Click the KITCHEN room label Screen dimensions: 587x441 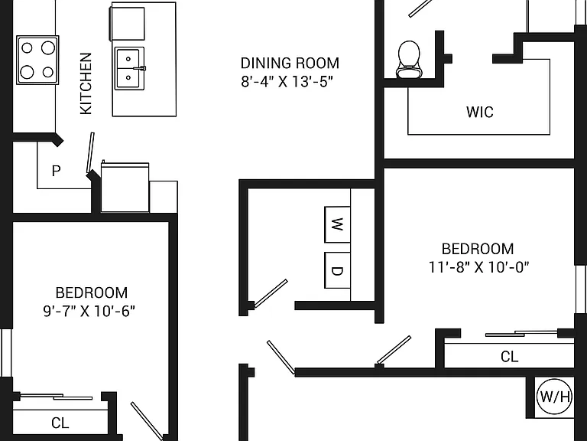86,83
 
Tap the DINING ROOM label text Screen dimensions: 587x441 290,63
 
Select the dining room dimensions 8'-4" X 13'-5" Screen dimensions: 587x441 287,81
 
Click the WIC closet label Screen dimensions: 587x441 479,112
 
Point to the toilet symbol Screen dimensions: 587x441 409,59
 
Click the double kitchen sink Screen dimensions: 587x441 129,68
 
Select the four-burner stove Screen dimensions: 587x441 37,60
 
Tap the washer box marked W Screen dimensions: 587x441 337,224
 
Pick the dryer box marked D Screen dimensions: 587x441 337,270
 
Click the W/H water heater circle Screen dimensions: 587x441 554,396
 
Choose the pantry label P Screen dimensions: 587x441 56,171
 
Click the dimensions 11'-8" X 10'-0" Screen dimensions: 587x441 478,267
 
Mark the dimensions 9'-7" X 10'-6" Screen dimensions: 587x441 89,311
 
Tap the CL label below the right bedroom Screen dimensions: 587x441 510,356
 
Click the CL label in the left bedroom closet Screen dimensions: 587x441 60,423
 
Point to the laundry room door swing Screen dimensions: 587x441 271,294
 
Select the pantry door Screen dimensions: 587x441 90,152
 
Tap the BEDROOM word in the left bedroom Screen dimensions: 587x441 92,292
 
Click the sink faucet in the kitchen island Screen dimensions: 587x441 140,68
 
